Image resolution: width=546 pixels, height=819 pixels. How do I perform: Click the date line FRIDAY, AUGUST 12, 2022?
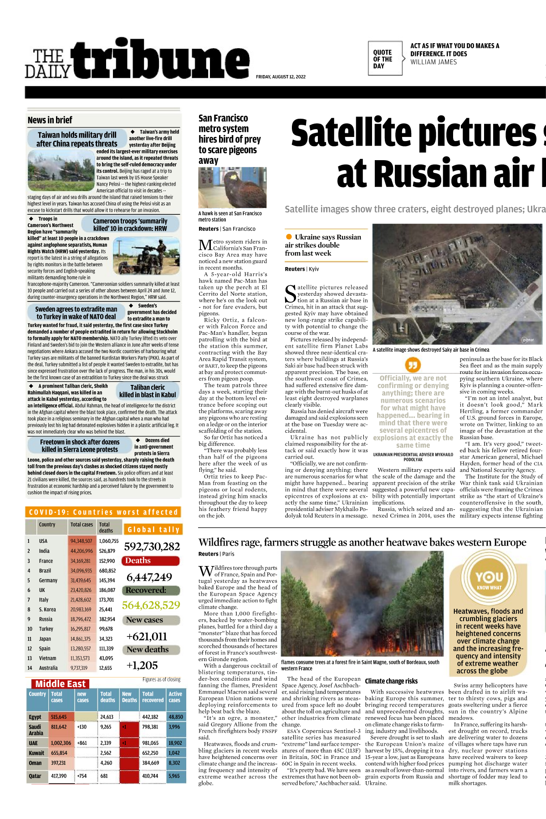(x=281, y=77)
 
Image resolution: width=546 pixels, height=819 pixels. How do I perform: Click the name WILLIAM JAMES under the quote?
(x=433, y=62)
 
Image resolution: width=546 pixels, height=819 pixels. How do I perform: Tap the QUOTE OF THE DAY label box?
(x=384, y=59)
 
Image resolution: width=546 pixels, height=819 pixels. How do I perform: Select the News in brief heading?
(x=50, y=120)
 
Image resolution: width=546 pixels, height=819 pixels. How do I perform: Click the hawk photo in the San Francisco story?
(x=226, y=188)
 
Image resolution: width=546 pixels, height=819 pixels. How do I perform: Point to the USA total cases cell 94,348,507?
(x=82, y=541)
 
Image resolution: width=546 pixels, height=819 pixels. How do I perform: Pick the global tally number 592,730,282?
(x=152, y=546)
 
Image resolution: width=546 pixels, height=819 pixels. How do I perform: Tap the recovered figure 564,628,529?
(x=151, y=605)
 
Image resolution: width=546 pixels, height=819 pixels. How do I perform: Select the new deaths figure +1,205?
(x=142, y=665)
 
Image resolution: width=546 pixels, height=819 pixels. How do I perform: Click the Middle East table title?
(x=60, y=684)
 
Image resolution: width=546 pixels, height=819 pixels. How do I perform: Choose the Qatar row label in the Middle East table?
(x=35, y=776)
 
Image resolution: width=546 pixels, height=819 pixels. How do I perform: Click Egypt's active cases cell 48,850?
(x=176, y=717)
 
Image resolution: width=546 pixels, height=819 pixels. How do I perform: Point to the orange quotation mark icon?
(x=413, y=364)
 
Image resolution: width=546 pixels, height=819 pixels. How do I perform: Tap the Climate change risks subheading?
(x=391, y=681)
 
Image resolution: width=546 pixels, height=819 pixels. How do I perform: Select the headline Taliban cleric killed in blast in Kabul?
(x=148, y=391)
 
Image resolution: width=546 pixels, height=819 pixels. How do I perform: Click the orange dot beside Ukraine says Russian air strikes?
(x=289, y=237)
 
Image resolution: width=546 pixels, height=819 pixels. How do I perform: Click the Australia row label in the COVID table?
(x=48, y=668)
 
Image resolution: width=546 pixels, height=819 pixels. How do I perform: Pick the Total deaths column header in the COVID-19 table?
(x=106, y=527)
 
